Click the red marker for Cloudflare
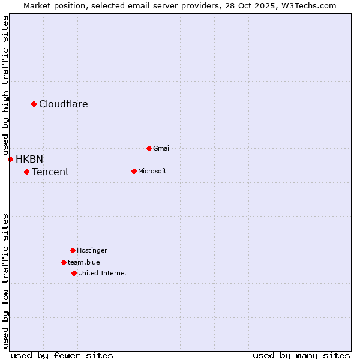34,104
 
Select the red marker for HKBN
10,159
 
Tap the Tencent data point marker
26,172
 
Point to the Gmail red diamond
149,148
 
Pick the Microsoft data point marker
134,171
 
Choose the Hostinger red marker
73,250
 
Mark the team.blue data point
64,262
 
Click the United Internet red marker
74,273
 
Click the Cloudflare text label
64,104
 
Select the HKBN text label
29,159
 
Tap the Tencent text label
50,172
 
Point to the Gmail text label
162,148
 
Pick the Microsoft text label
152,171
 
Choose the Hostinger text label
92,250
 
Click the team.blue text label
84,262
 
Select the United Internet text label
103,273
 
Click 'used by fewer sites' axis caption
62,355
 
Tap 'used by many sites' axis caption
301,355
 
